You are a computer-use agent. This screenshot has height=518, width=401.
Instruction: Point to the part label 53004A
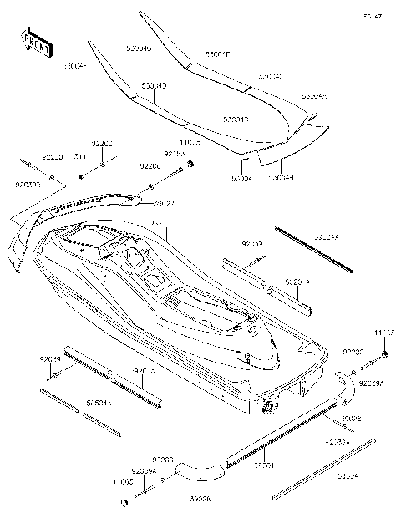[315, 97]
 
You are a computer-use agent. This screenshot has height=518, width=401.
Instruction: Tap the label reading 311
[80, 156]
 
